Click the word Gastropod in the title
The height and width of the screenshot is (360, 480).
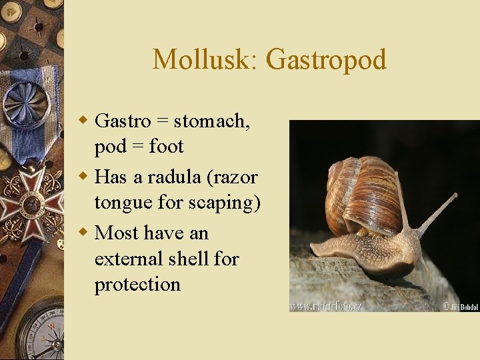point(326,60)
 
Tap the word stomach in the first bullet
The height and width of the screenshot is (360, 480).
point(211,121)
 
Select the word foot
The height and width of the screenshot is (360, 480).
point(167,146)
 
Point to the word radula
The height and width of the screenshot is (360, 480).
point(174,177)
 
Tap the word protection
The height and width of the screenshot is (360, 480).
point(137,284)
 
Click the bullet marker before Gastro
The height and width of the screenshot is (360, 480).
point(83,121)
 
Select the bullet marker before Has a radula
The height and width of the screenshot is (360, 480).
point(83,177)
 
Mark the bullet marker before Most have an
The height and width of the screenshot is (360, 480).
point(83,233)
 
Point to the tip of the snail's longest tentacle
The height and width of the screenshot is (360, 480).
point(455,196)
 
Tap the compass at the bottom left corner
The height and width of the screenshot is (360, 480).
point(40,333)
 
